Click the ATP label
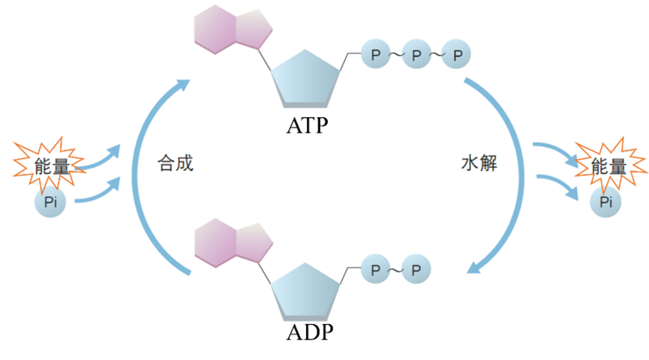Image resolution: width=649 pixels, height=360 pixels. point(307,125)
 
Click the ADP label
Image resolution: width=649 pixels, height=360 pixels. point(310,332)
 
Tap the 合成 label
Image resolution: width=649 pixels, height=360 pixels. point(176,163)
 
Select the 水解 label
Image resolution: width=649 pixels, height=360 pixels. point(479,163)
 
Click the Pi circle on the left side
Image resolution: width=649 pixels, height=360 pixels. point(50,202)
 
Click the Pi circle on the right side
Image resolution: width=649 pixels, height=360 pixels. point(605,202)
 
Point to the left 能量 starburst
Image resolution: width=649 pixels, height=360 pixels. point(50,166)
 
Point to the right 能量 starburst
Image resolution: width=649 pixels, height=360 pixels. point(611,166)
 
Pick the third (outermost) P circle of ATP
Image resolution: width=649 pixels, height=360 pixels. point(456,54)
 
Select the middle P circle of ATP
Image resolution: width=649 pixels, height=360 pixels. point(416,54)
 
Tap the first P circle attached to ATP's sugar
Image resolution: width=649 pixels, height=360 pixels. point(376,54)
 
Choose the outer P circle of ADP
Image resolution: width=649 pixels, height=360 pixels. point(416,269)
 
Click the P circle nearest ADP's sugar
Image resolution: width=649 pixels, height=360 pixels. point(376,269)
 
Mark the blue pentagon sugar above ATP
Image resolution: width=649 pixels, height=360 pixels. point(305,79)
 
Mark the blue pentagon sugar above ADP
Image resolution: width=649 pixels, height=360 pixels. point(305,292)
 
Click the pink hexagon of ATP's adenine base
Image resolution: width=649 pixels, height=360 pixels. point(215,29)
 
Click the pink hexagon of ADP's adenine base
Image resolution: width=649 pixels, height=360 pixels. point(215,243)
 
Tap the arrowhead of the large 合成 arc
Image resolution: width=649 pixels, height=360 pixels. point(182,85)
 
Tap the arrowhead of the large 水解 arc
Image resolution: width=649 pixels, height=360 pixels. point(474,267)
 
